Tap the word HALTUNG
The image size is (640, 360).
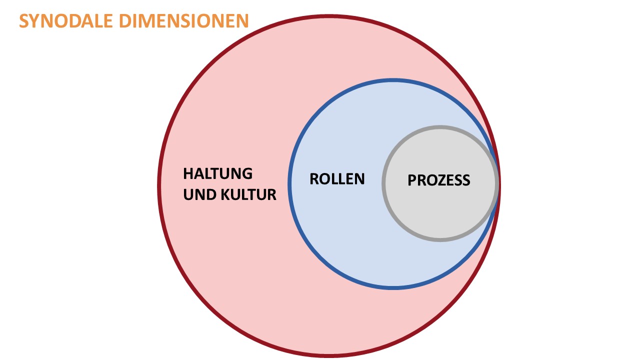tap(217, 174)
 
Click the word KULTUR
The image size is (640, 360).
tap(248, 194)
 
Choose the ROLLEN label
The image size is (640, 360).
tap(337, 179)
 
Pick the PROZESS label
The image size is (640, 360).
tap(439, 180)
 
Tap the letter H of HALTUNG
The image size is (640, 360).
tap(188, 174)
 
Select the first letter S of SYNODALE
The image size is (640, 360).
tap(24, 21)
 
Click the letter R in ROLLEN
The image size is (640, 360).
tap(314, 179)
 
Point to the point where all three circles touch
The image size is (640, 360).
tap(498, 183)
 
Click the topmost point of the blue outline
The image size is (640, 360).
tap(393, 79)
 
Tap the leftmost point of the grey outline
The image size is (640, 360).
tap(383, 183)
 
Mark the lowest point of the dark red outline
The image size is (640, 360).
tap(329, 356)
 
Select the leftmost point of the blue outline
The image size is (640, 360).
tap(289, 183)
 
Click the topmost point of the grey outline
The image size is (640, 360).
tap(440, 126)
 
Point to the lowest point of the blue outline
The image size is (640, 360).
tap(393, 288)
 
